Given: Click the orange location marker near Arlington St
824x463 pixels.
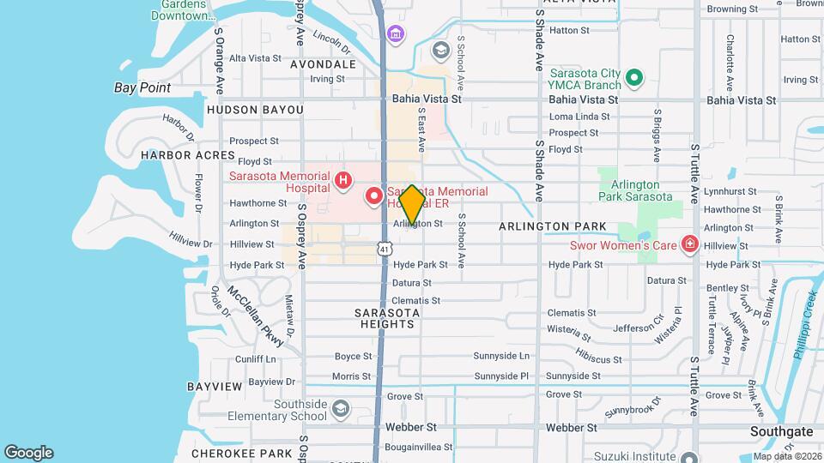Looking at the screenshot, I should coord(412,205).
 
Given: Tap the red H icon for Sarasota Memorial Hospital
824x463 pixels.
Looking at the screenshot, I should coord(342,180).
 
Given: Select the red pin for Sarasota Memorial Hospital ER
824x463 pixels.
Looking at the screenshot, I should coord(374,196).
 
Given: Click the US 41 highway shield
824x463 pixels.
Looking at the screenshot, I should coord(385,248).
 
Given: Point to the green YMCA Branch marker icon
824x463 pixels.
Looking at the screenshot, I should coord(634,80).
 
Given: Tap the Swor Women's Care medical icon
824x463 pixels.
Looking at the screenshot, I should coord(689,245).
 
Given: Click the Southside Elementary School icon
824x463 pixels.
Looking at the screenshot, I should coord(342,408).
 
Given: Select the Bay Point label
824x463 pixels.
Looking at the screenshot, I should coord(142,87).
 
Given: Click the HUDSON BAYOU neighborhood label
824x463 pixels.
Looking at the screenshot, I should coord(255,110).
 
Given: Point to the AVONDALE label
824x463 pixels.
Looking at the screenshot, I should coord(323,64).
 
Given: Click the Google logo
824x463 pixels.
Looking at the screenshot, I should coord(28,453).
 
